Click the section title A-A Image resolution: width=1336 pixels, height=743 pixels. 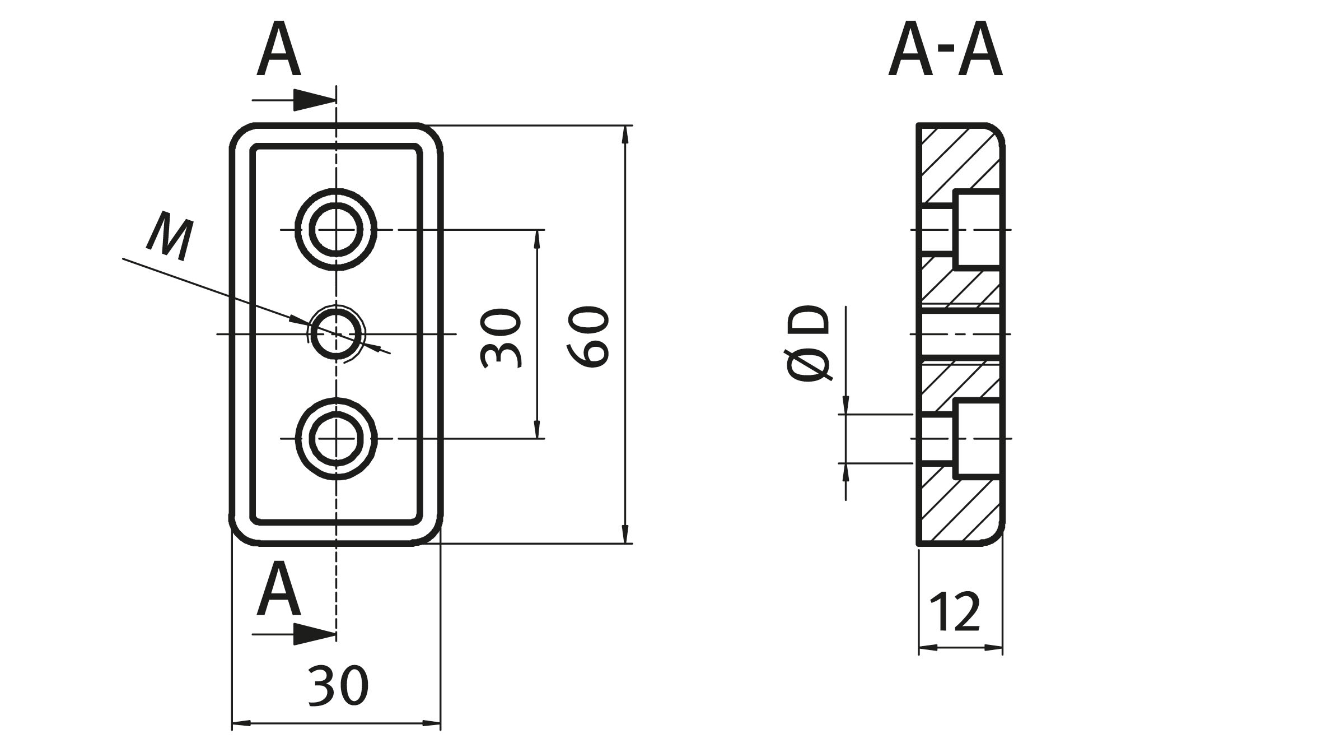pyautogui.click(x=945, y=52)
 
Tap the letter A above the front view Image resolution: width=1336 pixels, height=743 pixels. pyautogui.click(x=278, y=50)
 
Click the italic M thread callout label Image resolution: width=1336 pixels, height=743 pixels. pyautogui.click(x=170, y=236)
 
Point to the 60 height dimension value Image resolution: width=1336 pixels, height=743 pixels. pyautogui.click(x=588, y=336)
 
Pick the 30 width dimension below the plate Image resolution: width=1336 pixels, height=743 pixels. pyautogui.click(x=338, y=685)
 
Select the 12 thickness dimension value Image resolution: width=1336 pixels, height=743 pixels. pyautogui.click(x=955, y=611)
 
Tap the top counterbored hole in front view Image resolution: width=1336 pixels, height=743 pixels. pyautogui.click(x=336, y=230)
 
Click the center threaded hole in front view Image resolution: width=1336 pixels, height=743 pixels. pyautogui.click(x=336, y=334)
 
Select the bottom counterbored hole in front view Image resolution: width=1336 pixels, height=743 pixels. pyautogui.click(x=336, y=438)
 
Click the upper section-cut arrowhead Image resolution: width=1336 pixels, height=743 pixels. pyautogui.click(x=314, y=100)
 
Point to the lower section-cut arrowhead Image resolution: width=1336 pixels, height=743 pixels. pyautogui.click(x=314, y=634)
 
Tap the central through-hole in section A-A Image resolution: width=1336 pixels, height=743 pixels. pyautogui.click(x=959, y=334)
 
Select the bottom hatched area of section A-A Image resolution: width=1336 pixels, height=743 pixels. pyautogui.click(x=952, y=510)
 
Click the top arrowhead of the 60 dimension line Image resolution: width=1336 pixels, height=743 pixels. pyautogui.click(x=625, y=135)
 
